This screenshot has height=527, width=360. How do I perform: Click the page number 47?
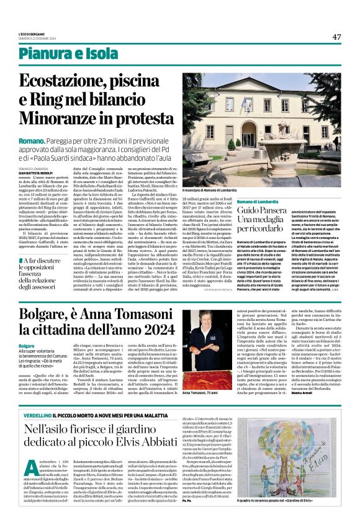pos(336,37)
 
